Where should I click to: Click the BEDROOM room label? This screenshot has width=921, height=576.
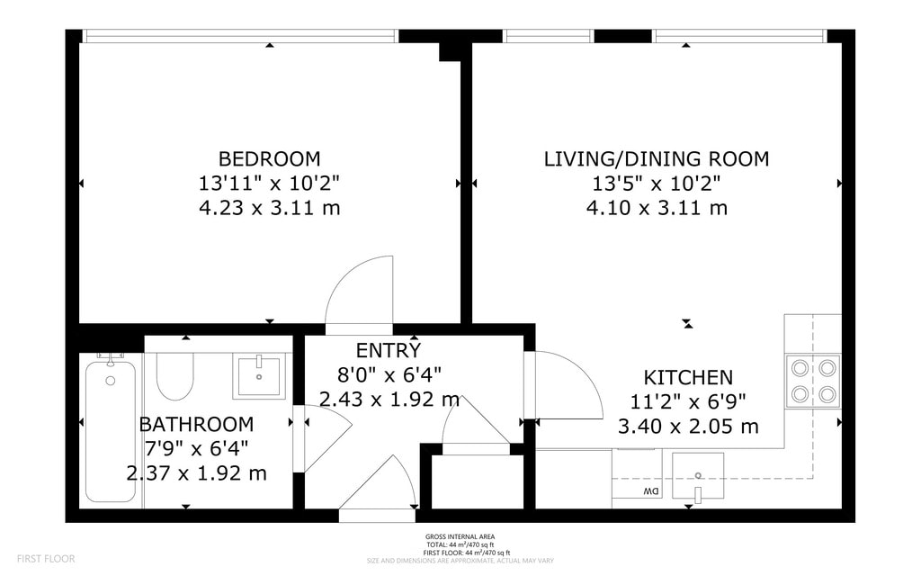coord(269,159)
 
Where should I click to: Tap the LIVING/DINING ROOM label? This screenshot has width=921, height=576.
coord(656,159)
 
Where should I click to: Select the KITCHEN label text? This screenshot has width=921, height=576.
coord(687,378)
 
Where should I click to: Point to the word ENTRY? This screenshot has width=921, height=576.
coord(388,350)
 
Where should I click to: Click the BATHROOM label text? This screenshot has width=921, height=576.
coord(195,424)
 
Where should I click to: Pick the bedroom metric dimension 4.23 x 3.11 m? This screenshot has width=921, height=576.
coord(269,208)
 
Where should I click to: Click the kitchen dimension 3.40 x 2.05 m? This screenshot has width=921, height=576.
coord(687,426)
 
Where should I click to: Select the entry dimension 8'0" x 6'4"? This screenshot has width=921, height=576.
coord(388,373)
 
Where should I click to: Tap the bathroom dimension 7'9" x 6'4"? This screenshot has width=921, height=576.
coord(195,447)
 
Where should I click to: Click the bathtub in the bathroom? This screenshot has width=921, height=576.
coord(111,427)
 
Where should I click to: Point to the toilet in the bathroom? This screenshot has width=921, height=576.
coord(174,376)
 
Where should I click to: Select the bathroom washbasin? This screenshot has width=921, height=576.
coord(259,375)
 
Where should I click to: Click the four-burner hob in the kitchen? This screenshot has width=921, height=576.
coord(813,381)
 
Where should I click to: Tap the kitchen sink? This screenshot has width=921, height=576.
coord(698,473)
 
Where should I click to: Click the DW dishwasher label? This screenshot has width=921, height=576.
coord(649,492)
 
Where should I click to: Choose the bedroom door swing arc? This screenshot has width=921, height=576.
coord(360,292)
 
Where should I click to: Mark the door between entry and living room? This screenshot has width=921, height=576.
coord(567,385)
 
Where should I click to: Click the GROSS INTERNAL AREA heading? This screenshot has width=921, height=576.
coord(460,537)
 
